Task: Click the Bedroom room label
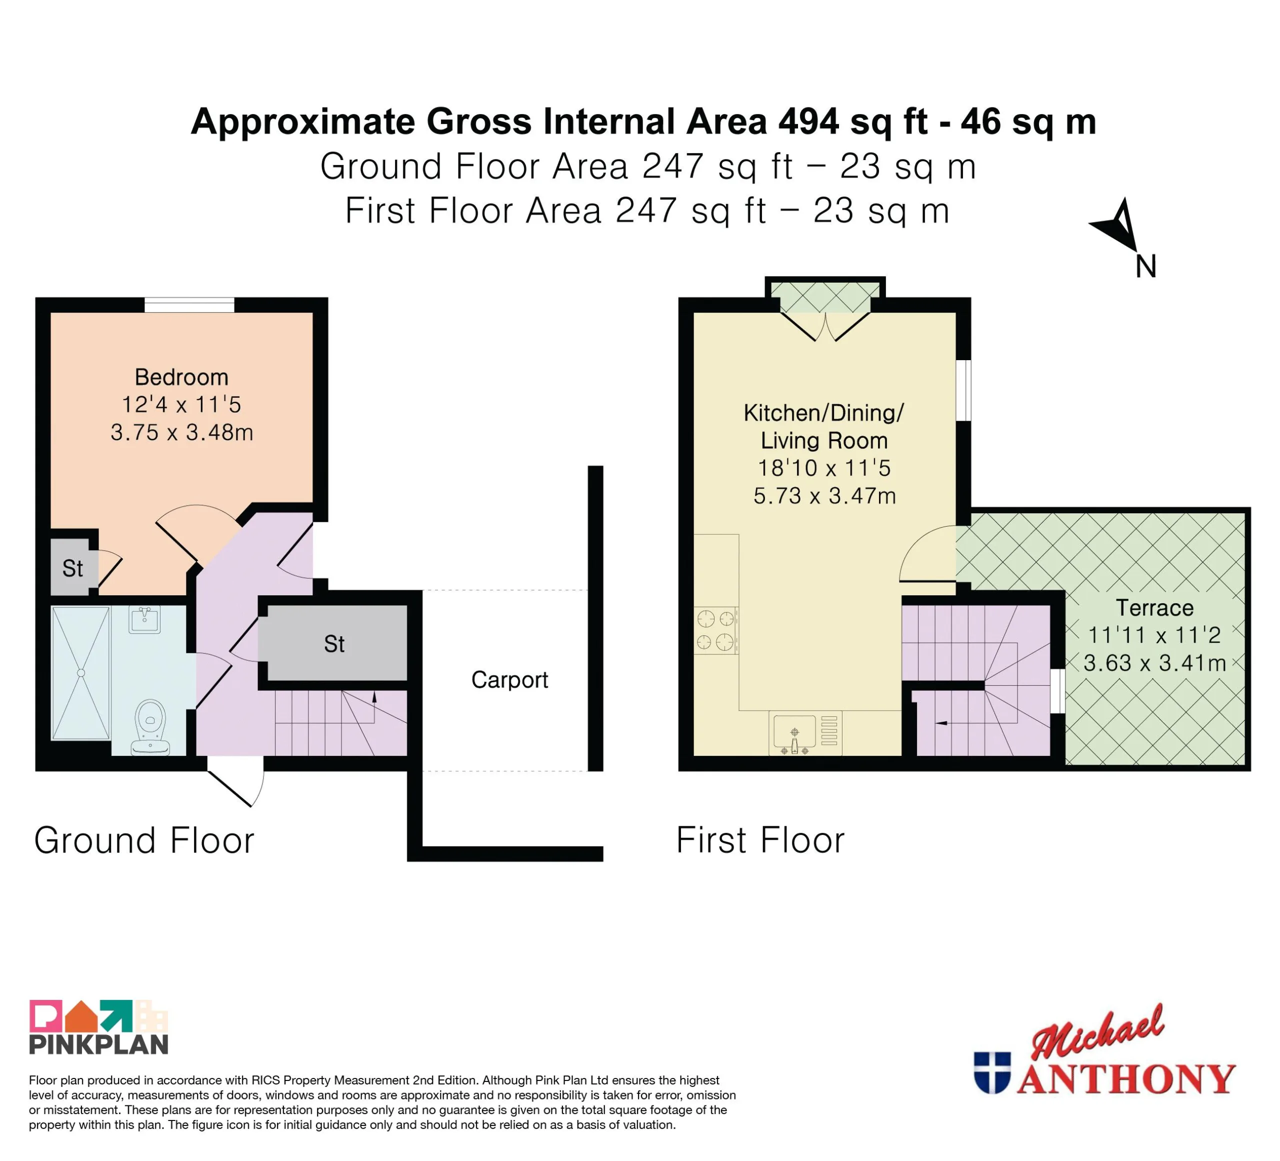point(181,377)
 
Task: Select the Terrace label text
point(1154,608)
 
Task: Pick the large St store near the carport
point(334,644)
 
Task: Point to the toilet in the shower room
point(150,728)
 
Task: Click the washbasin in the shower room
point(145,619)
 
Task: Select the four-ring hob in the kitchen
point(716,631)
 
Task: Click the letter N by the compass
point(1145,267)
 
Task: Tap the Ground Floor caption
point(144,840)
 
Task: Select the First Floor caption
point(760,840)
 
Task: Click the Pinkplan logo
point(98,1027)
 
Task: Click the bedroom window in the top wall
point(189,305)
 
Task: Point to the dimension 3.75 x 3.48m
point(182,433)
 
